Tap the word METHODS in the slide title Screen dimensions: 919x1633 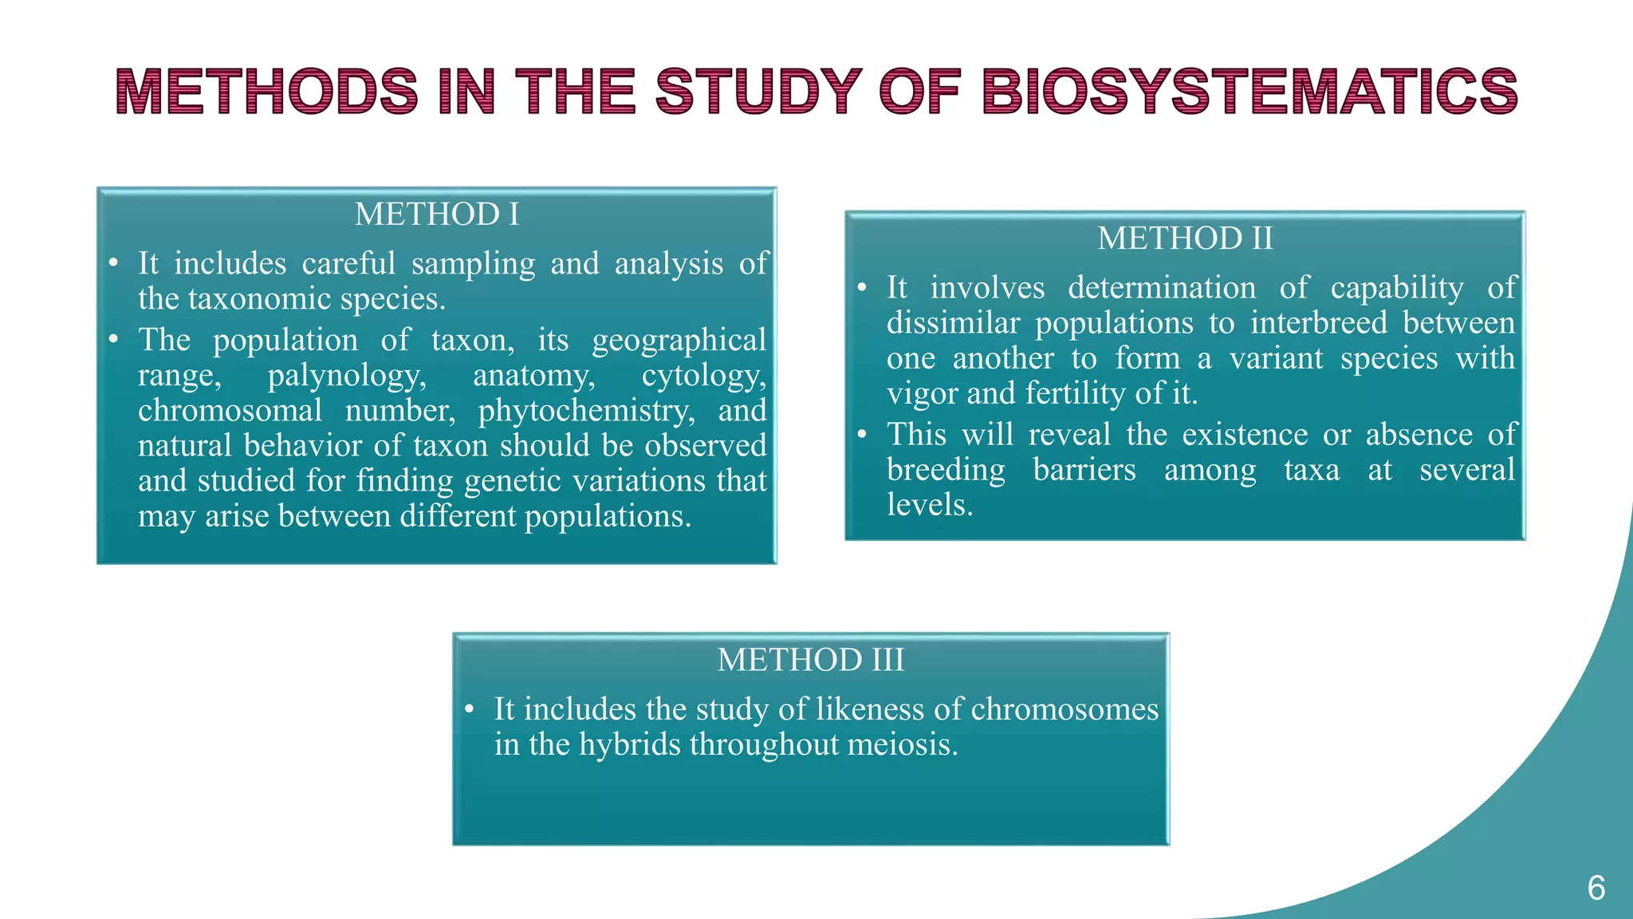(x=267, y=91)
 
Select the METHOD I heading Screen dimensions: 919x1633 (x=437, y=214)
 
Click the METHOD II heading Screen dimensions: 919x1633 (x=1185, y=239)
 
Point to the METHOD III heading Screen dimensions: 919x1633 (x=811, y=660)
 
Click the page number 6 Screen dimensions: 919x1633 (x=1596, y=888)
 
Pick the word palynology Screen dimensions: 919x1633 (x=347, y=375)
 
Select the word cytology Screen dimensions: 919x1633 (x=703, y=375)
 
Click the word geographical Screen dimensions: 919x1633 (x=679, y=340)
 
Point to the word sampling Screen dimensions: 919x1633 (x=473, y=263)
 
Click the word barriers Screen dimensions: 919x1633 (x=1084, y=469)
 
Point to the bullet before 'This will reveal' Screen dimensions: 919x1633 (x=862, y=435)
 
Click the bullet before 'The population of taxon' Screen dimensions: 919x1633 (x=113, y=341)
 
